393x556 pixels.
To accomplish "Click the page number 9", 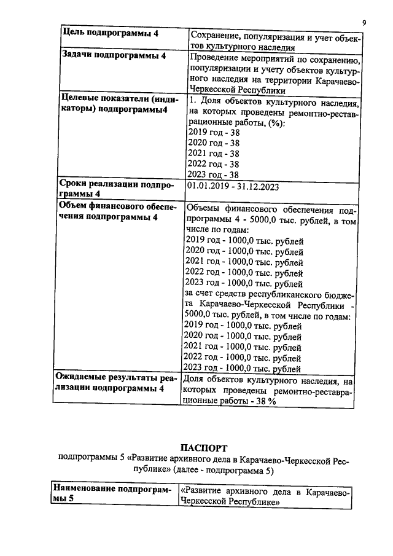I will [364, 23].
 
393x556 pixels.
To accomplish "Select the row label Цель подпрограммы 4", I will [111, 34].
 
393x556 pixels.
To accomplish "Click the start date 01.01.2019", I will [211, 185].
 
